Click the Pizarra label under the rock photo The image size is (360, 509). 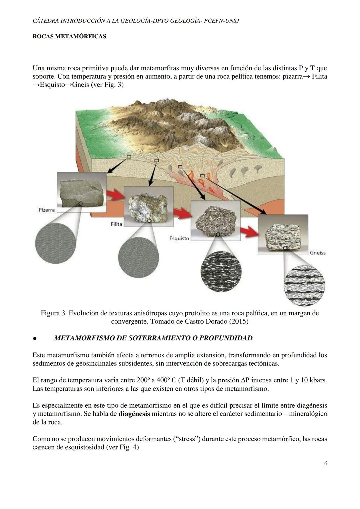click(47, 210)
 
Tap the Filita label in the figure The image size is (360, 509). click(116, 224)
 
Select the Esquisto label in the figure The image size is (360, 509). click(179, 239)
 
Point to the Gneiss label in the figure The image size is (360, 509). click(317, 253)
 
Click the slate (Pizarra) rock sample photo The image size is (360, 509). click(81, 193)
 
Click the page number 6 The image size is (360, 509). click(325, 464)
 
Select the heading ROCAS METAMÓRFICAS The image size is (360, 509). click(69, 36)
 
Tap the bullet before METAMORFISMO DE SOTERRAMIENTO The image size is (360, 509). click(34, 339)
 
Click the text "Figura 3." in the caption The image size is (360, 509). click(54, 313)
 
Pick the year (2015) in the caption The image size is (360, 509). click(237, 322)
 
